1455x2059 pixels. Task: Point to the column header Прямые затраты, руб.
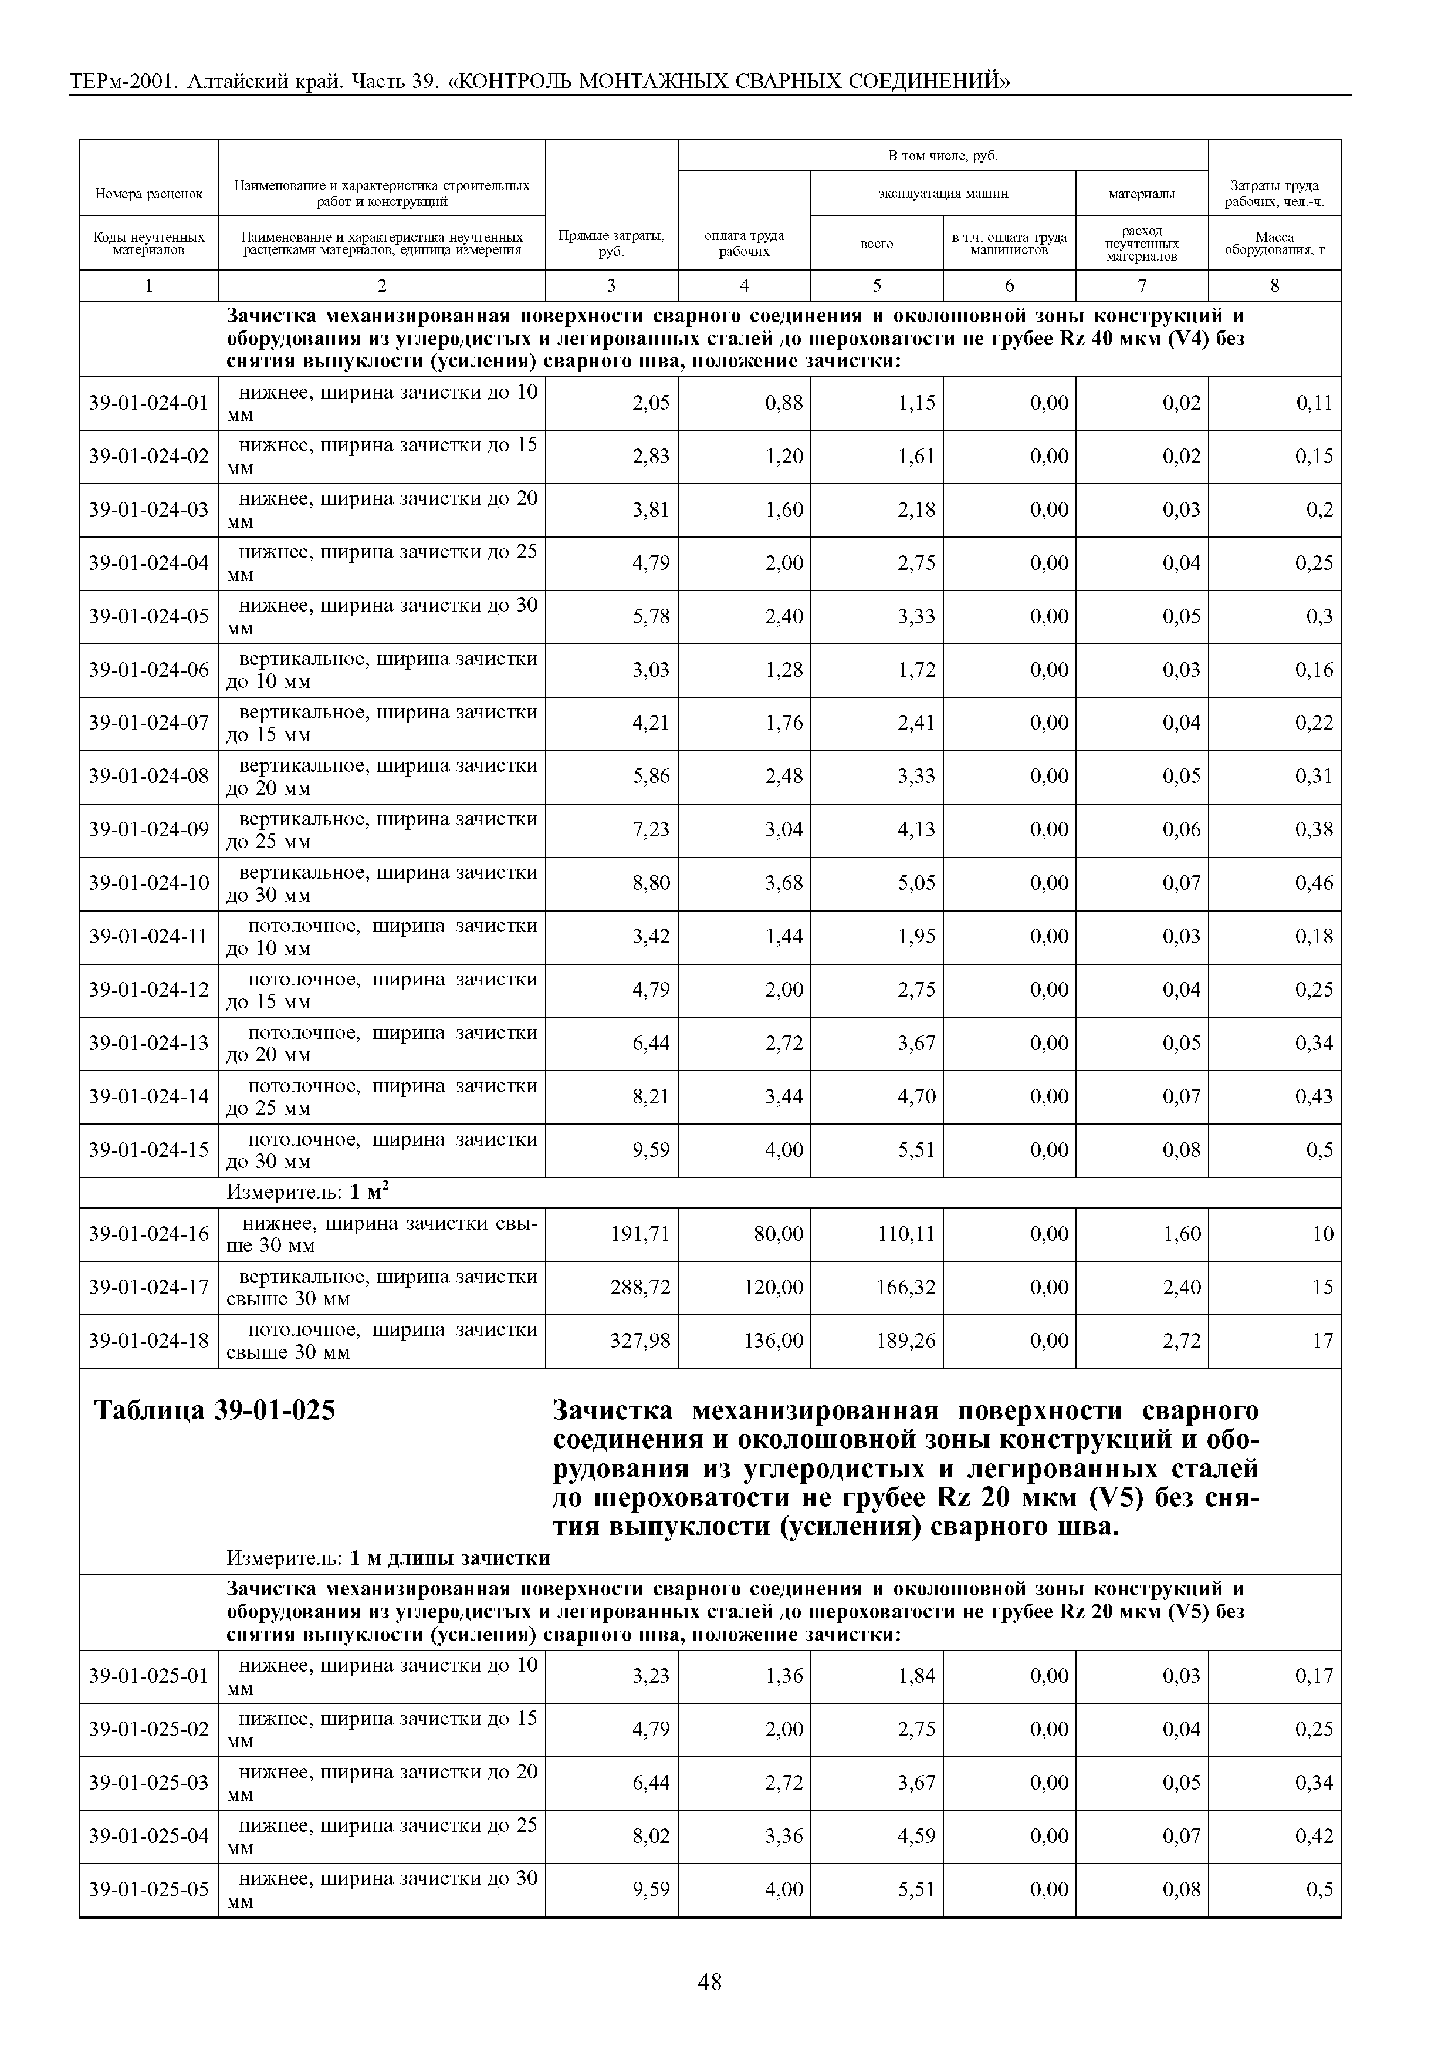click(611, 242)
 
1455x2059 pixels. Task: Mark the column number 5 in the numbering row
click(876, 285)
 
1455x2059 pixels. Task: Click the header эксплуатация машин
click(942, 193)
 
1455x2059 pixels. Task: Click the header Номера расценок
click(149, 193)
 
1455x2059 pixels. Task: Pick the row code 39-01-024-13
click(148, 1043)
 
